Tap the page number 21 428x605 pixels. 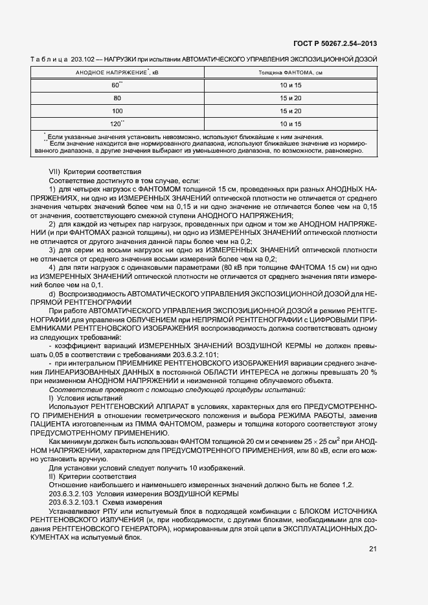pyautogui.click(x=372, y=549)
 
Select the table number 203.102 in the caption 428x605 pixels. pyautogui.click(x=89, y=59)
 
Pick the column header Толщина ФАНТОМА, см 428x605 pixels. pyautogui.click(x=291, y=73)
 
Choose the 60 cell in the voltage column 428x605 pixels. pyautogui.click(x=117, y=85)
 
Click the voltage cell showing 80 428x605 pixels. pyautogui.click(x=117, y=98)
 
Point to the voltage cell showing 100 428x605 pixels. pyautogui.click(x=117, y=111)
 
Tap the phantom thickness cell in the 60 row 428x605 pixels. pyautogui.click(x=291, y=85)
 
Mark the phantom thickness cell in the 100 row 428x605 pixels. pyautogui.click(x=291, y=111)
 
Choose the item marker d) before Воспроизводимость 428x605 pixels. pyautogui.click(x=53, y=294)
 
